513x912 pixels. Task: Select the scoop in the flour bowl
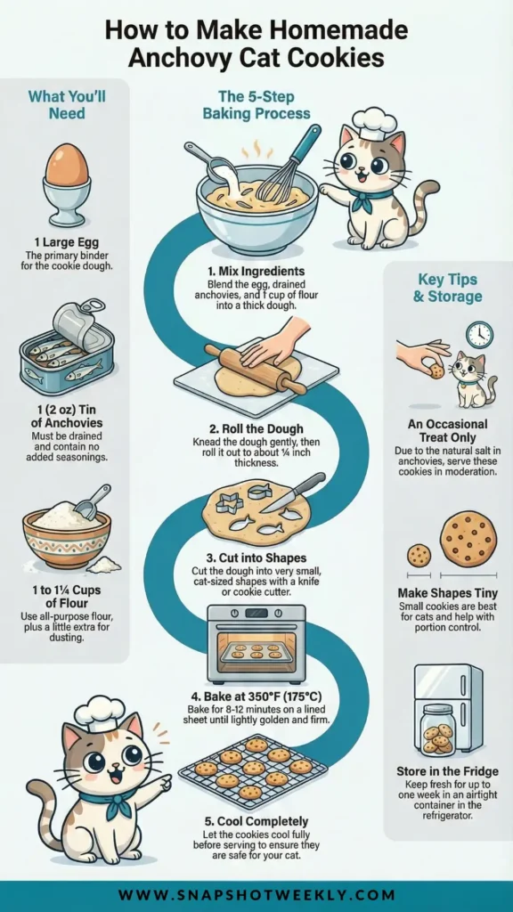tap(93, 501)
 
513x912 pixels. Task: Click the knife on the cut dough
tap(292, 492)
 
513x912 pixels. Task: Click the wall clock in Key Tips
tap(479, 335)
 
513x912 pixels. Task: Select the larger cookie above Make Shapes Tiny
tap(468, 539)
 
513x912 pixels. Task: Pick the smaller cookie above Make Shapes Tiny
tap(419, 556)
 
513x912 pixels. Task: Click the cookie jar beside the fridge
tap(437, 730)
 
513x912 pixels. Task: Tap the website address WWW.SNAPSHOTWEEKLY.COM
tap(256, 895)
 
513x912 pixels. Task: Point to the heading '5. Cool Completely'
tap(256, 822)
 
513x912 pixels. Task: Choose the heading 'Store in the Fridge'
tap(447, 772)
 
